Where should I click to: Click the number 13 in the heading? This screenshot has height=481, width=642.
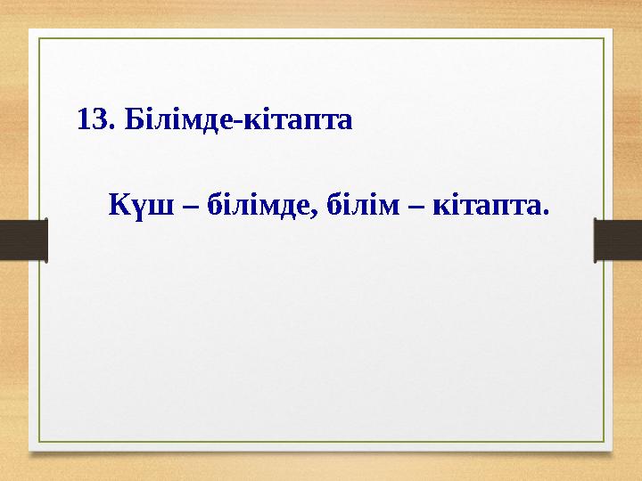[x=92, y=119]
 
